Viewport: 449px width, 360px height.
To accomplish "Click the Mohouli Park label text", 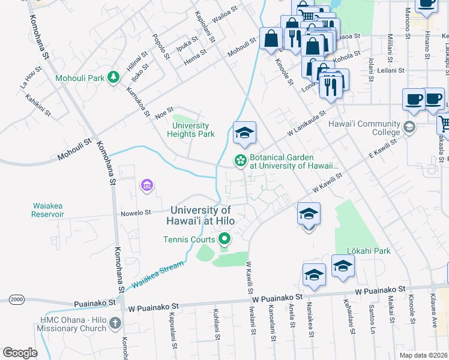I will (x=79, y=78).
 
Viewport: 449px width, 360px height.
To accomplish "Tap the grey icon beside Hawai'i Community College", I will (x=409, y=127).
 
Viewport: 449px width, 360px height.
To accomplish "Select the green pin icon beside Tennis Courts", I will (x=225, y=240).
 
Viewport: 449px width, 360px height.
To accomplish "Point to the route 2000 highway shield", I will (x=16, y=299).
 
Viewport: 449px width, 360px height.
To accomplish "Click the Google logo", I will (x=20, y=353).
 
